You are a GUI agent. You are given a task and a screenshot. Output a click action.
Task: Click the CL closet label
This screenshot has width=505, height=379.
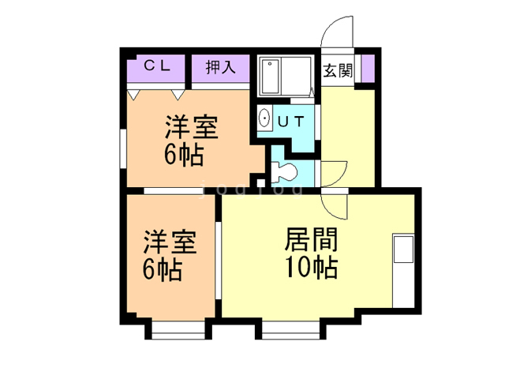(x=157, y=66)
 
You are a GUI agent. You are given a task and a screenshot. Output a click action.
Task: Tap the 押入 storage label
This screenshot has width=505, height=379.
(x=221, y=67)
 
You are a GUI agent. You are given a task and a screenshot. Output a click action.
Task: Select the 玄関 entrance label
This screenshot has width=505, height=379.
(x=338, y=70)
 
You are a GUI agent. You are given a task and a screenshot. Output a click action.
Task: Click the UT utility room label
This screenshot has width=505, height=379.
(x=291, y=121)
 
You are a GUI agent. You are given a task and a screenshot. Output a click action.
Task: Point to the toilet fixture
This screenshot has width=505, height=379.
(x=283, y=172)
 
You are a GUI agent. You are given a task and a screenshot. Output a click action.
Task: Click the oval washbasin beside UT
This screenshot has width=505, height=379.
(x=265, y=118)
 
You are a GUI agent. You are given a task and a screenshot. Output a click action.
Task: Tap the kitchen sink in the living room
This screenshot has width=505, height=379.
(x=403, y=250)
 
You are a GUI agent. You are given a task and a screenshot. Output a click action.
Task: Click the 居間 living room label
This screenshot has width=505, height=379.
(x=311, y=239)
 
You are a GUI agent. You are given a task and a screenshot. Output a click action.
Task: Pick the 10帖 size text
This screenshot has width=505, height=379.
(x=312, y=267)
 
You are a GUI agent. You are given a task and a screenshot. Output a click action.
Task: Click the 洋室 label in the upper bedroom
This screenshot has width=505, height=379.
(x=192, y=127)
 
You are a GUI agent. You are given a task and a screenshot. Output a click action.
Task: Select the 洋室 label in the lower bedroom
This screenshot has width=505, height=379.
(x=170, y=242)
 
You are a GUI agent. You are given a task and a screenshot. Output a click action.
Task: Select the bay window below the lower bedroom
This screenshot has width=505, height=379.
(x=178, y=330)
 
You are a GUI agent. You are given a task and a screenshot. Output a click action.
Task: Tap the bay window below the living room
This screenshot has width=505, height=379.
(x=291, y=330)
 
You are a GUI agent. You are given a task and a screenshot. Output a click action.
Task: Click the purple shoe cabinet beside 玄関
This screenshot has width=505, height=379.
(x=368, y=69)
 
